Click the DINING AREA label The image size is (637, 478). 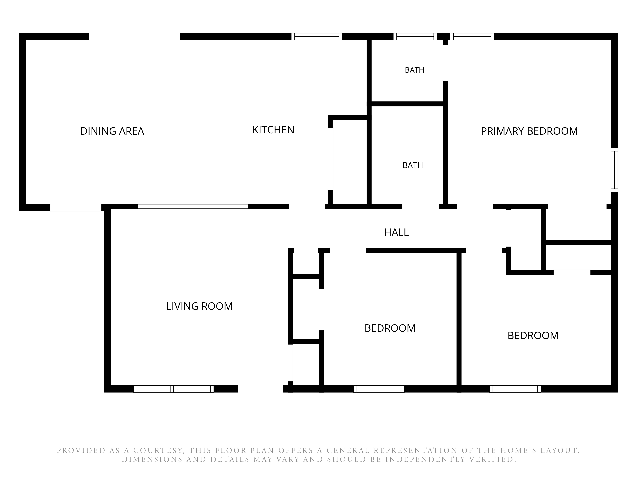(x=112, y=131)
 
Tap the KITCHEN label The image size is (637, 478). (x=273, y=130)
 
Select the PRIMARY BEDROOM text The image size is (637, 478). (x=529, y=131)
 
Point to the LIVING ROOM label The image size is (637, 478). (x=199, y=306)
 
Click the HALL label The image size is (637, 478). (x=396, y=232)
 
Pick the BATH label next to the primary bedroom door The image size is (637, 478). (x=414, y=70)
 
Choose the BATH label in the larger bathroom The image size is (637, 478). (x=413, y=165)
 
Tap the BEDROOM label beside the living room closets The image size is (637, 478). (x=390, y=328)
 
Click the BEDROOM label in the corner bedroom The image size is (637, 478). (x=533, y=335)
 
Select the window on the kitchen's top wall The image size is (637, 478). (x=317, y=37)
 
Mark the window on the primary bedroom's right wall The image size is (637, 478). (x=615, y=170)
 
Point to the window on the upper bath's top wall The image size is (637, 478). (x=415, y=37)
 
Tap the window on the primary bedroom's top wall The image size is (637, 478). (x=472, y=37)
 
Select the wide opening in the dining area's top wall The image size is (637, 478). (x=134, y=37)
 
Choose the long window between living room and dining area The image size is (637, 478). (x=193, y=206)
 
